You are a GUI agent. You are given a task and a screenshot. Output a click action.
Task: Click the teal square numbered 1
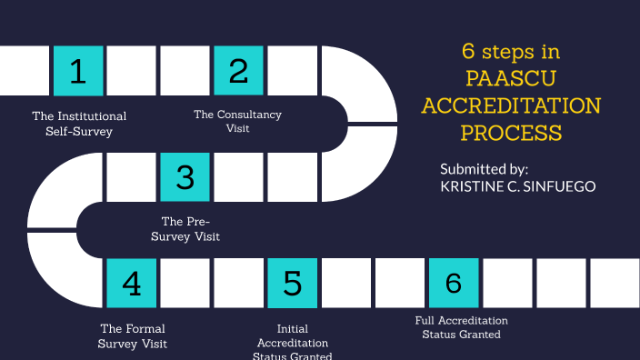pos(78,71)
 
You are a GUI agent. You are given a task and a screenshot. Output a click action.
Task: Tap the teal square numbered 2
pos(239,71)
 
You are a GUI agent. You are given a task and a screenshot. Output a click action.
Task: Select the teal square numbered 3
pos(185,177)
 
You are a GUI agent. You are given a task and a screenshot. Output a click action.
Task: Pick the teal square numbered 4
pos(132,284)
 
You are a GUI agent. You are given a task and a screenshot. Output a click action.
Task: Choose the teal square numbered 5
pos(293,284)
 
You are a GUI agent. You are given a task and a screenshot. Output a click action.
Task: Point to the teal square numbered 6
pos(454,284)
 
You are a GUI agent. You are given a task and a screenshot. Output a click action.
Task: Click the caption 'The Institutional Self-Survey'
pos(79,124)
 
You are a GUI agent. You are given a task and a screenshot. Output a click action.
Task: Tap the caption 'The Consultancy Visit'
pos(237,121)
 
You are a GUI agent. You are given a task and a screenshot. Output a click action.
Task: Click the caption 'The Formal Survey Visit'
pos(132,336)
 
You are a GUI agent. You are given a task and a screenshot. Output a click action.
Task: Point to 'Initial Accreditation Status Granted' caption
pos(292,343)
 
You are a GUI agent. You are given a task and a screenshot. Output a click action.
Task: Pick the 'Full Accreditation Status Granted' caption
pos(461,327)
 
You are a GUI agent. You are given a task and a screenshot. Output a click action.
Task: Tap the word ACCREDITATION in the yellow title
pos(511,105)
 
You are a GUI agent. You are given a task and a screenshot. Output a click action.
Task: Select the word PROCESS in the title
pos(510,133)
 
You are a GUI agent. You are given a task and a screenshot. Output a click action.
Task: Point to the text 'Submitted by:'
pos(484,169)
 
